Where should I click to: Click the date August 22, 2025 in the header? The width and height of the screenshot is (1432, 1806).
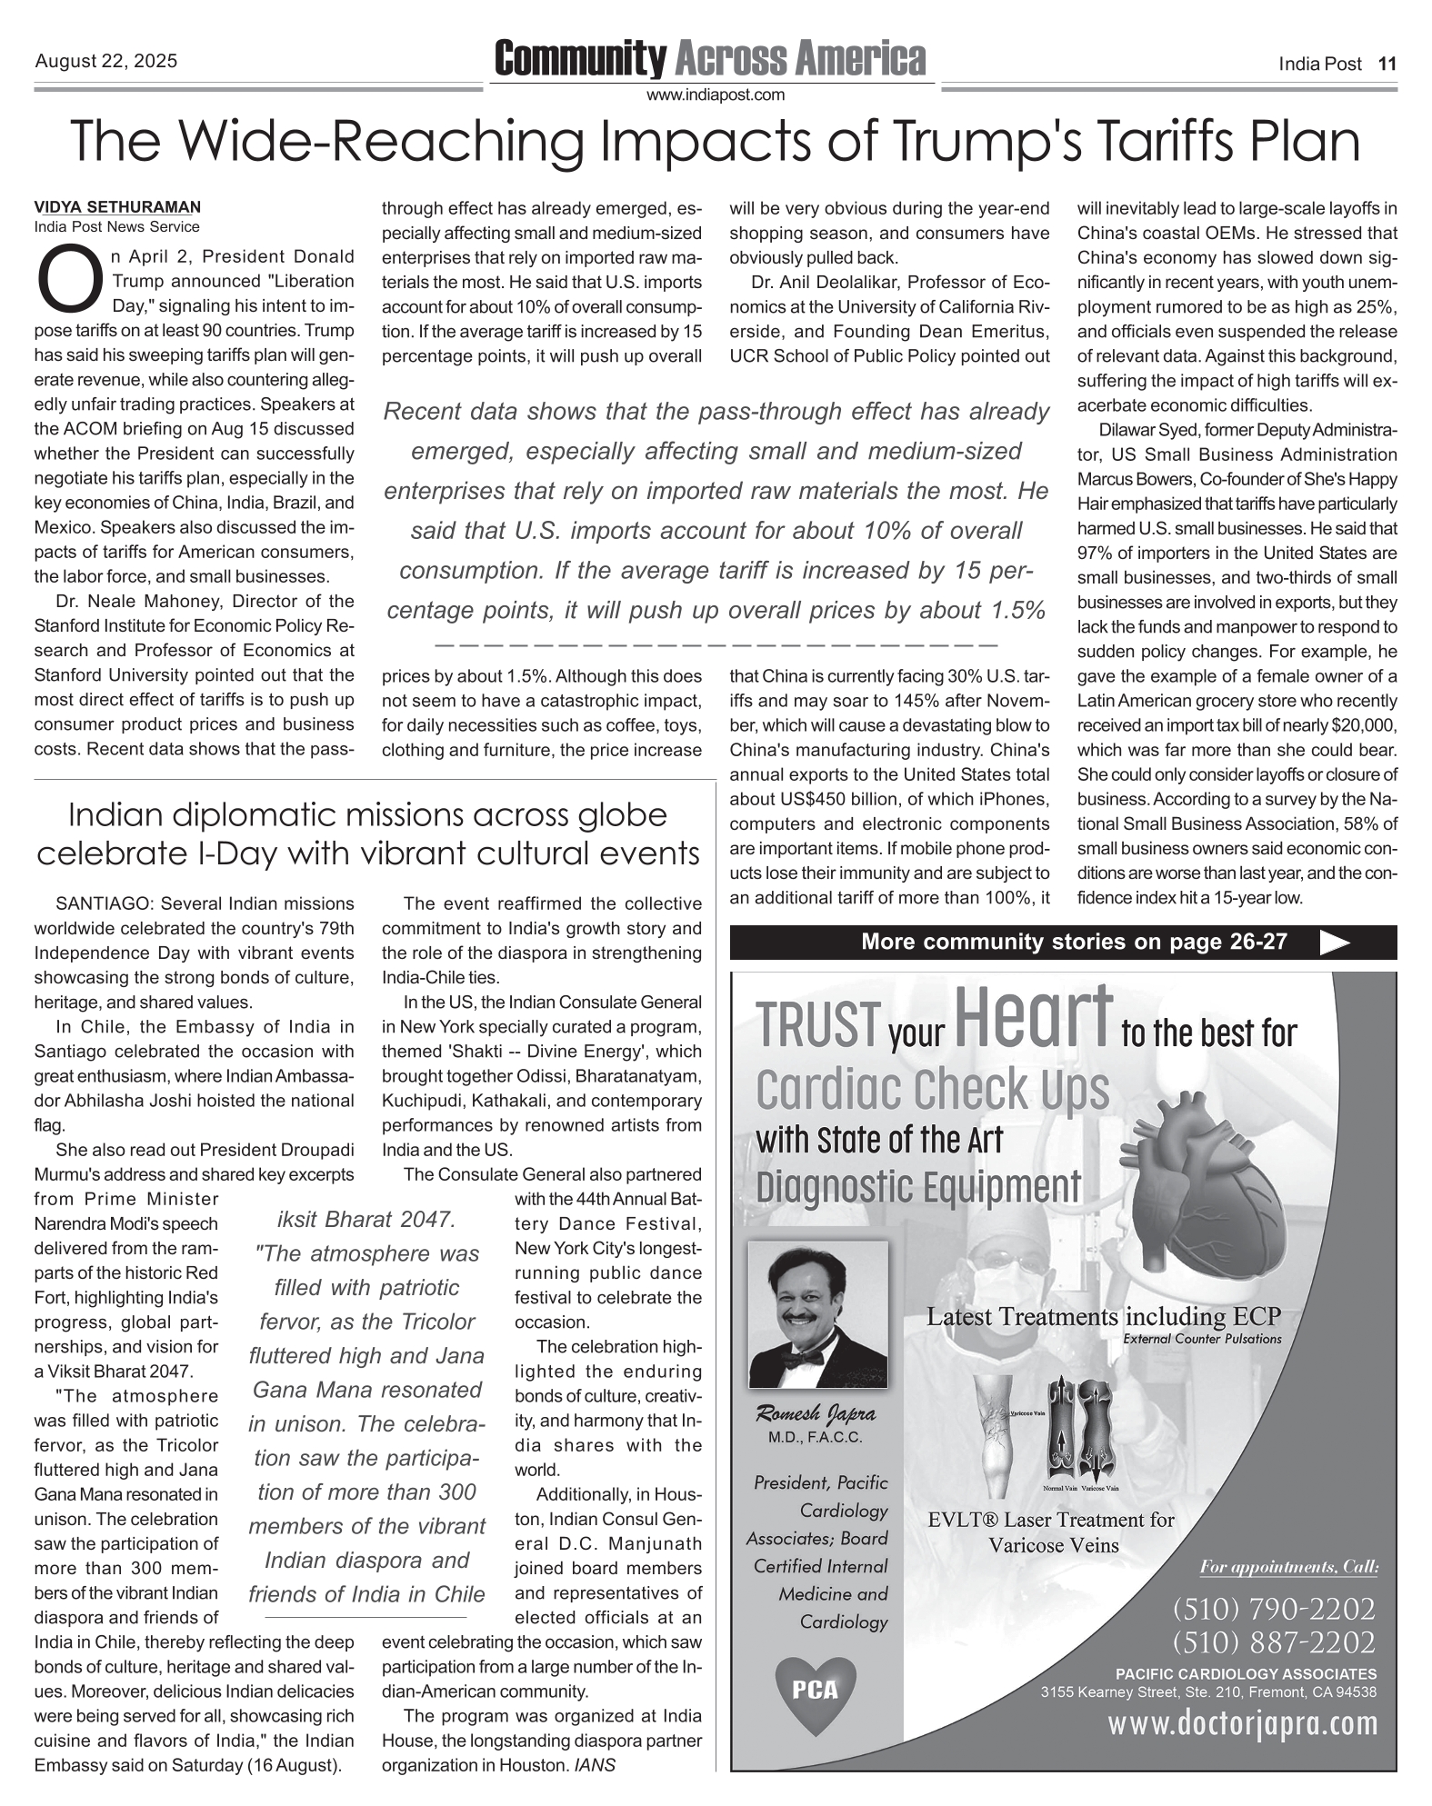pyautogui.click(x=105, y=62)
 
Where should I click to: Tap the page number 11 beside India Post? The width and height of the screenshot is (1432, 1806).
pyautogui.click(x=1387, y=64)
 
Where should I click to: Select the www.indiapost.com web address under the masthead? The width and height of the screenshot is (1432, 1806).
pyautogui.click(x=715, y=95)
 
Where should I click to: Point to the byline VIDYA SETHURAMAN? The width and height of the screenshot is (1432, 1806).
pyautogui.click(x=117, y=207)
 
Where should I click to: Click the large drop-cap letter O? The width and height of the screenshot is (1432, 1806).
pyautogui.click(x=70, y=281)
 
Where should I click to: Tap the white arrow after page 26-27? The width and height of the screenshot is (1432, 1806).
pyautogui.click(x=1334, y=943)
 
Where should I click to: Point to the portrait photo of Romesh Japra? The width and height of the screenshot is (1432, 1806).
pyautogui.click(x=817, y=1314)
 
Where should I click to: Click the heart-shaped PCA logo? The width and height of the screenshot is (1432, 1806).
pyautogui.click(x=815, y=1689)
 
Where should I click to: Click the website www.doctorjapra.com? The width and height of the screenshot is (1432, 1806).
pyautogui.click(x=1242, y=1722)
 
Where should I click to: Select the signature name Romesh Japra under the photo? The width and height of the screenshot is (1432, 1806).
pyautogui.click(x=816, y=1413)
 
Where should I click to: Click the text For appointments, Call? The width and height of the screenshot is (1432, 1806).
pyautogui.click(x=1288, y=1567)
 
